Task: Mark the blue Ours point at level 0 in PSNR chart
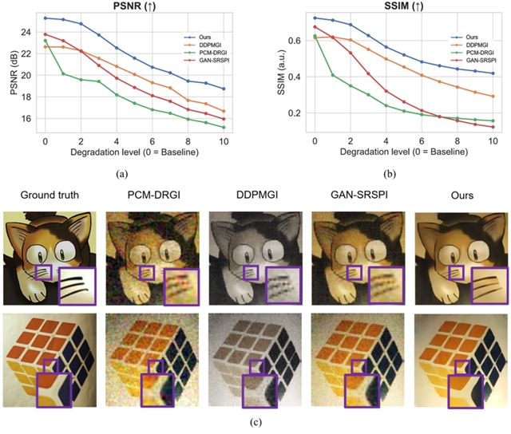coord(45,18)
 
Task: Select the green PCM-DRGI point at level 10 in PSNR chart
coord(224,127)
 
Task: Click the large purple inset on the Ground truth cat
coord(77,285)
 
